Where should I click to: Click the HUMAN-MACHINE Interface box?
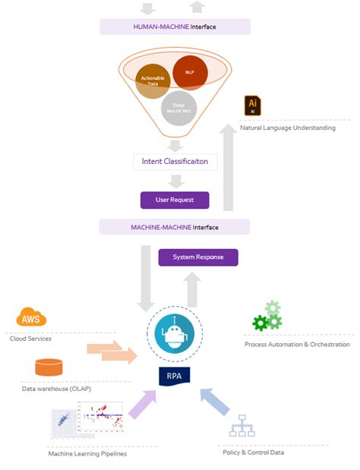[175, 27]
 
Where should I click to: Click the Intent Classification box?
[175, 162]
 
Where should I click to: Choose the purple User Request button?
[175, 200]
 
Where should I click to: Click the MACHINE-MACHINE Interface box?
[175, 226]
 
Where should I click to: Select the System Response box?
[198, 257]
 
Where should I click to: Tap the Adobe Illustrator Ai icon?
[253, 106]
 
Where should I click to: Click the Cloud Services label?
[30, 339]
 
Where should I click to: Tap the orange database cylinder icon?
[49, 367]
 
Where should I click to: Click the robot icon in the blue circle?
[174, 333]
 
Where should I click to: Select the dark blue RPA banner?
[174, 375]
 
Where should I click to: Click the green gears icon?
[267, 317]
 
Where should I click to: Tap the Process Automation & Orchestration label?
[292, 344]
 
